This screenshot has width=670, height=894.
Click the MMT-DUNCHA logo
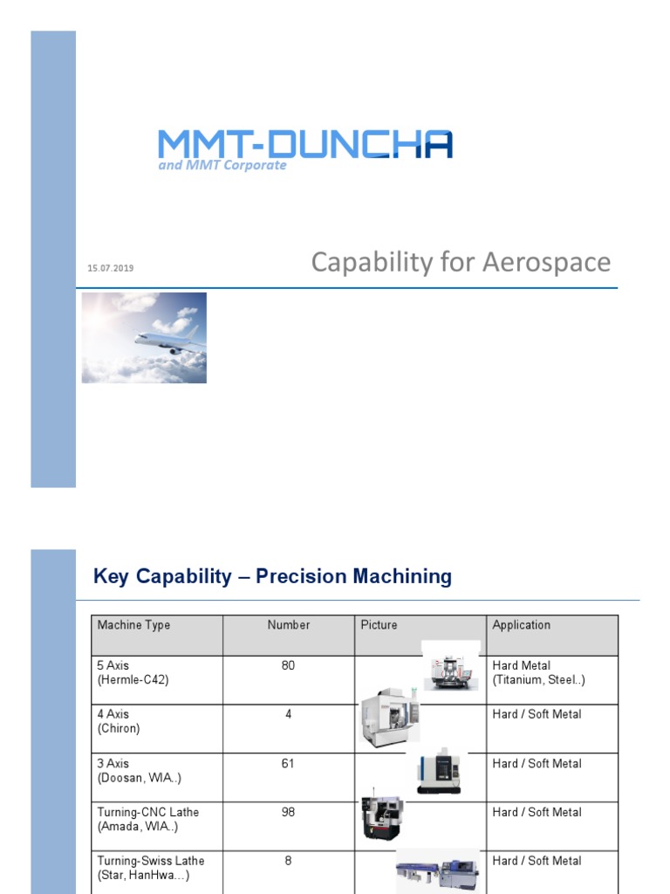[304, 144]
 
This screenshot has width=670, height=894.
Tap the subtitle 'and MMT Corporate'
[222, 165]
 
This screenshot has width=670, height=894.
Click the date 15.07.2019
[111, 268]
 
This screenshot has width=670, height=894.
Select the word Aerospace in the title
[556, 262]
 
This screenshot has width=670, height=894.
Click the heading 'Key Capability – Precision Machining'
[272, 576]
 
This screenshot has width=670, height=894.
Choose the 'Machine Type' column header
[133, 625]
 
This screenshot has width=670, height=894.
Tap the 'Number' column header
[289, 625]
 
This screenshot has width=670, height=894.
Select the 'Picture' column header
[379, 625]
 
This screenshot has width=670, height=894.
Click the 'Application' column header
[522, 625]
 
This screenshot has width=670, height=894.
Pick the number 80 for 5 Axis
[289, 665]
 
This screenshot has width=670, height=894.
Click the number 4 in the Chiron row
[289, 714]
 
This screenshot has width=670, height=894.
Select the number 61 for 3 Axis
[289, 763]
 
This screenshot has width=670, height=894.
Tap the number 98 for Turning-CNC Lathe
[289, 812]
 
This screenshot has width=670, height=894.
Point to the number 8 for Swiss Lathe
[289, 861]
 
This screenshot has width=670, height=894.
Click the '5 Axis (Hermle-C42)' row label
[133, 672]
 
